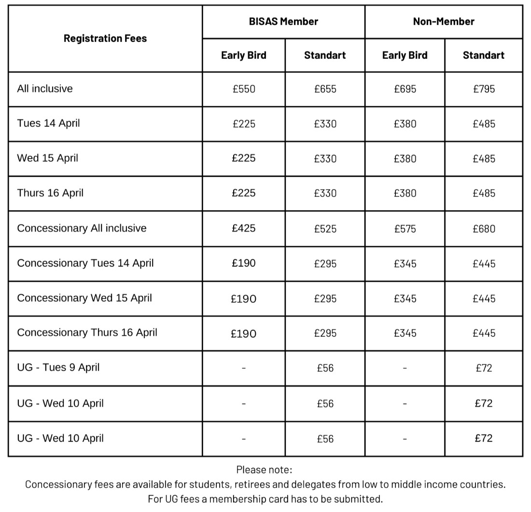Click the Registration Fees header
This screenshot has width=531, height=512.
[x=105, y=39]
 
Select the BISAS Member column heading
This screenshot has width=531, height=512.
[x=283, y=22]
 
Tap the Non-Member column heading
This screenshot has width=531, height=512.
[x=444, y=22]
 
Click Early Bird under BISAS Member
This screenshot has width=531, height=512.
[x=244, y=55]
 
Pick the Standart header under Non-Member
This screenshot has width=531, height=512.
[x=484, y=55]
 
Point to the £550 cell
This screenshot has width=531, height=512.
[x=244, y=89]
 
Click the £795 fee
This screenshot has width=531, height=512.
[x=484, y=89]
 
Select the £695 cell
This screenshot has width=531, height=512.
[x=405, y=89]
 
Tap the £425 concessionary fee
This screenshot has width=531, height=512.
[x=244, y=228]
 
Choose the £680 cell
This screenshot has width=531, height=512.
[x=484, y=229]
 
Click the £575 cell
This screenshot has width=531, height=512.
[x=405, y=229]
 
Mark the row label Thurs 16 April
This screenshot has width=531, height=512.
[x=50, y=193]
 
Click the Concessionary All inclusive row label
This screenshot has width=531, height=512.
[x=82, y=228]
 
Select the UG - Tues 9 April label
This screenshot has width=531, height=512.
[x=58, y=368]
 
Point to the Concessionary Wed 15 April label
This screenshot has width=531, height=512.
[x=84, y=298]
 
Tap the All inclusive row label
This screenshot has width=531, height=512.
[x=45, y=89]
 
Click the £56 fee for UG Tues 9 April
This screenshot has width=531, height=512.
[x=325, y=368]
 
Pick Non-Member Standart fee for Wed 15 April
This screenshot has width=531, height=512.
[x=484, y=159]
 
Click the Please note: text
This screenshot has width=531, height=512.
[x=264, y=470]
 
